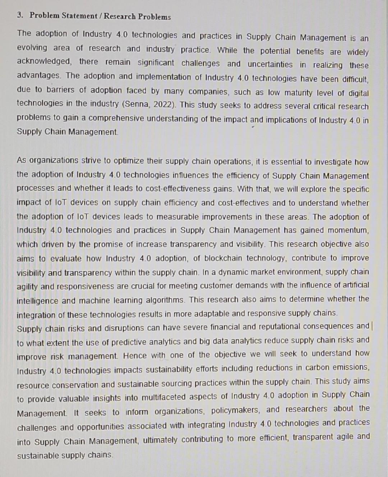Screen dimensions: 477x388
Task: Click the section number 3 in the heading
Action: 20,15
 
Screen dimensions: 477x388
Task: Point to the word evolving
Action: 32,48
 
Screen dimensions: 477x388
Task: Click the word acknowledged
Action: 44,61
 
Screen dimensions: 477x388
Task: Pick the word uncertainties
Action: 270,65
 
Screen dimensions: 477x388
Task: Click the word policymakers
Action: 236,410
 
